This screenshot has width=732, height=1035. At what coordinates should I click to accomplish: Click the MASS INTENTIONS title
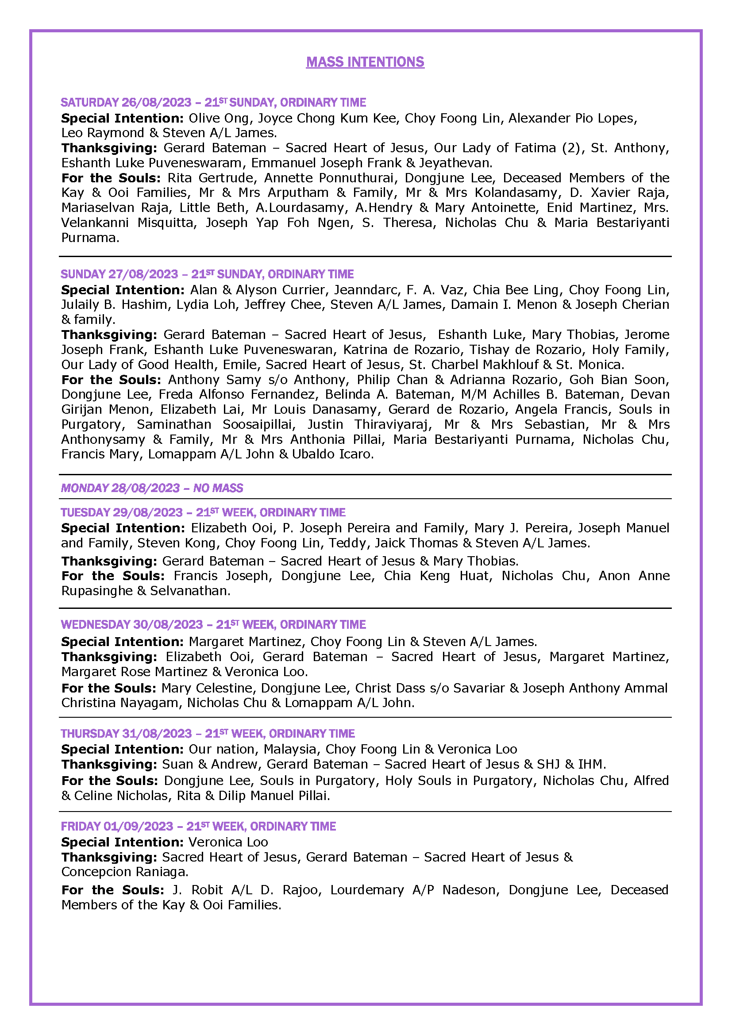(365, 62)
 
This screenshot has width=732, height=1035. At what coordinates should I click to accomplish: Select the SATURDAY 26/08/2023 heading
(126, 102)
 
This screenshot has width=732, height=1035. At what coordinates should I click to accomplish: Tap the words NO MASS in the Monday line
(218, 488)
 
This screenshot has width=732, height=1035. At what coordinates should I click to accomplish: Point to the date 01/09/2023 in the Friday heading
(139, 826)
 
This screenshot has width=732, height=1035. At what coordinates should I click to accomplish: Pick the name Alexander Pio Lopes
(572, 118)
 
